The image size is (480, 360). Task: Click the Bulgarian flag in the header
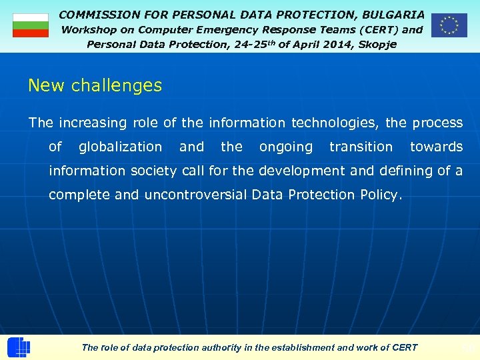click(x=31, y=25)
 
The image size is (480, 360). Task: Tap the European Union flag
click(x=449, y=25)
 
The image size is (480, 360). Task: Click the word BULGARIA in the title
click(x=393, y=14)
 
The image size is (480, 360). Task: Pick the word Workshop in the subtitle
click(x=88, y=29)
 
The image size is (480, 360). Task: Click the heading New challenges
click(x=95, y=85)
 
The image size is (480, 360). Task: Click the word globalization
click(x=120, y=147)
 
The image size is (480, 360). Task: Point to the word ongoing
click(x=285, y=147)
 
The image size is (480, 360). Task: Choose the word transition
click(x=361, y=147)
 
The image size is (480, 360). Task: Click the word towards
click(x=436, y=147)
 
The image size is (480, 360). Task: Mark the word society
click(x=153, y=171)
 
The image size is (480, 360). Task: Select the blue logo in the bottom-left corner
click(x=18, y=347)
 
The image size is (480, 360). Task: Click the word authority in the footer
click(x=205, y=347)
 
